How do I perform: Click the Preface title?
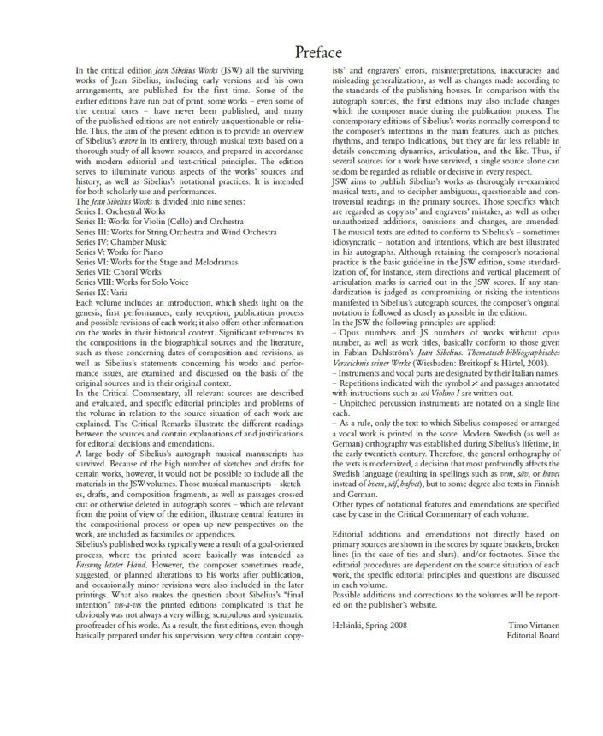317,54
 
